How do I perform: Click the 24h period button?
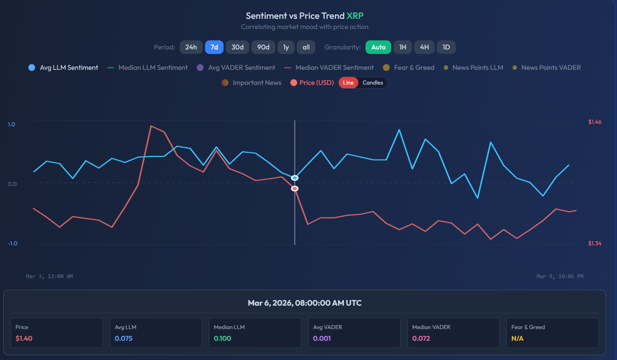tap(191, 47)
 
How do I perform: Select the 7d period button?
tap(214, 47)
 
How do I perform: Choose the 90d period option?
tap(263, 47)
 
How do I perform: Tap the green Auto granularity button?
tap(378, 47)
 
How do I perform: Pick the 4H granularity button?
tap(424, 47)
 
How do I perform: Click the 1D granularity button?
tap(446, 47)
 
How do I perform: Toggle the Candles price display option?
tap(372, 83)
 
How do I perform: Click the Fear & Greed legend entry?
tap(409, 68)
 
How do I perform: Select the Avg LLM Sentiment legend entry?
tap(63, 68)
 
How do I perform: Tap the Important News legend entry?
tap(252, 83)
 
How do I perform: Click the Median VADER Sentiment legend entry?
tap(329, 68)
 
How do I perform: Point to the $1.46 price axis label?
tap(595, 122)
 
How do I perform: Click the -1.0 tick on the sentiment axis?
tap(13, 243)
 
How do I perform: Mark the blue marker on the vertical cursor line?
tap(295, 178)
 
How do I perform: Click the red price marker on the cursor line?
tap(295, 188)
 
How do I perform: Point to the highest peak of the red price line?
tap(151, 126)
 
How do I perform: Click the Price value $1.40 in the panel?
tap(24, 338)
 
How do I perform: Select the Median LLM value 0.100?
tap(222, 338)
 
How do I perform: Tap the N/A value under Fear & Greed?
tap(517, 338)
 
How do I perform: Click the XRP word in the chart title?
tap(355, 16)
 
